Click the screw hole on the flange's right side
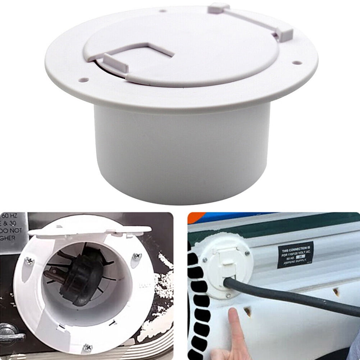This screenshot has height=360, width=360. (297, 63)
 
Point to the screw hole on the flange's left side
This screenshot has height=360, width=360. (83, 79)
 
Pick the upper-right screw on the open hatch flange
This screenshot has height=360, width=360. (137, 256)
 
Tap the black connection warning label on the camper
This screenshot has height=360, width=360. (295, 254)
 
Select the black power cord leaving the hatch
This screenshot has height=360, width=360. (295, 297)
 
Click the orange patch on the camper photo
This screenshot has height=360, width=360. (196, 217)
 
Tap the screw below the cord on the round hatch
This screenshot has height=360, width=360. (228, 295)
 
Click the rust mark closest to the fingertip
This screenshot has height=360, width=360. (248, 311)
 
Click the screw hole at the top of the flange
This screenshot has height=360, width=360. (163, 10)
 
